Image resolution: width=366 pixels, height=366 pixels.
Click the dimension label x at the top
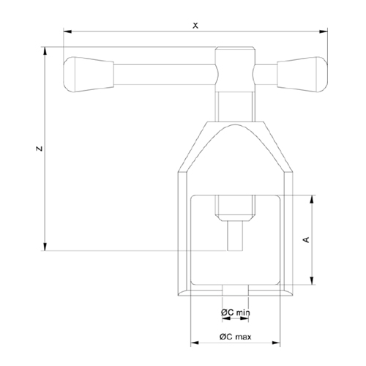[x=195, y=24]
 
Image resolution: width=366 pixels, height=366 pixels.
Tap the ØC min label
[x=236, y=313]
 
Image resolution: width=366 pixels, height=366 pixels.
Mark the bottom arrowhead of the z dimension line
[x=45, y=246]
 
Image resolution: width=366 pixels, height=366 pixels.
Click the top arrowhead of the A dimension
[x=314, y=200]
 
